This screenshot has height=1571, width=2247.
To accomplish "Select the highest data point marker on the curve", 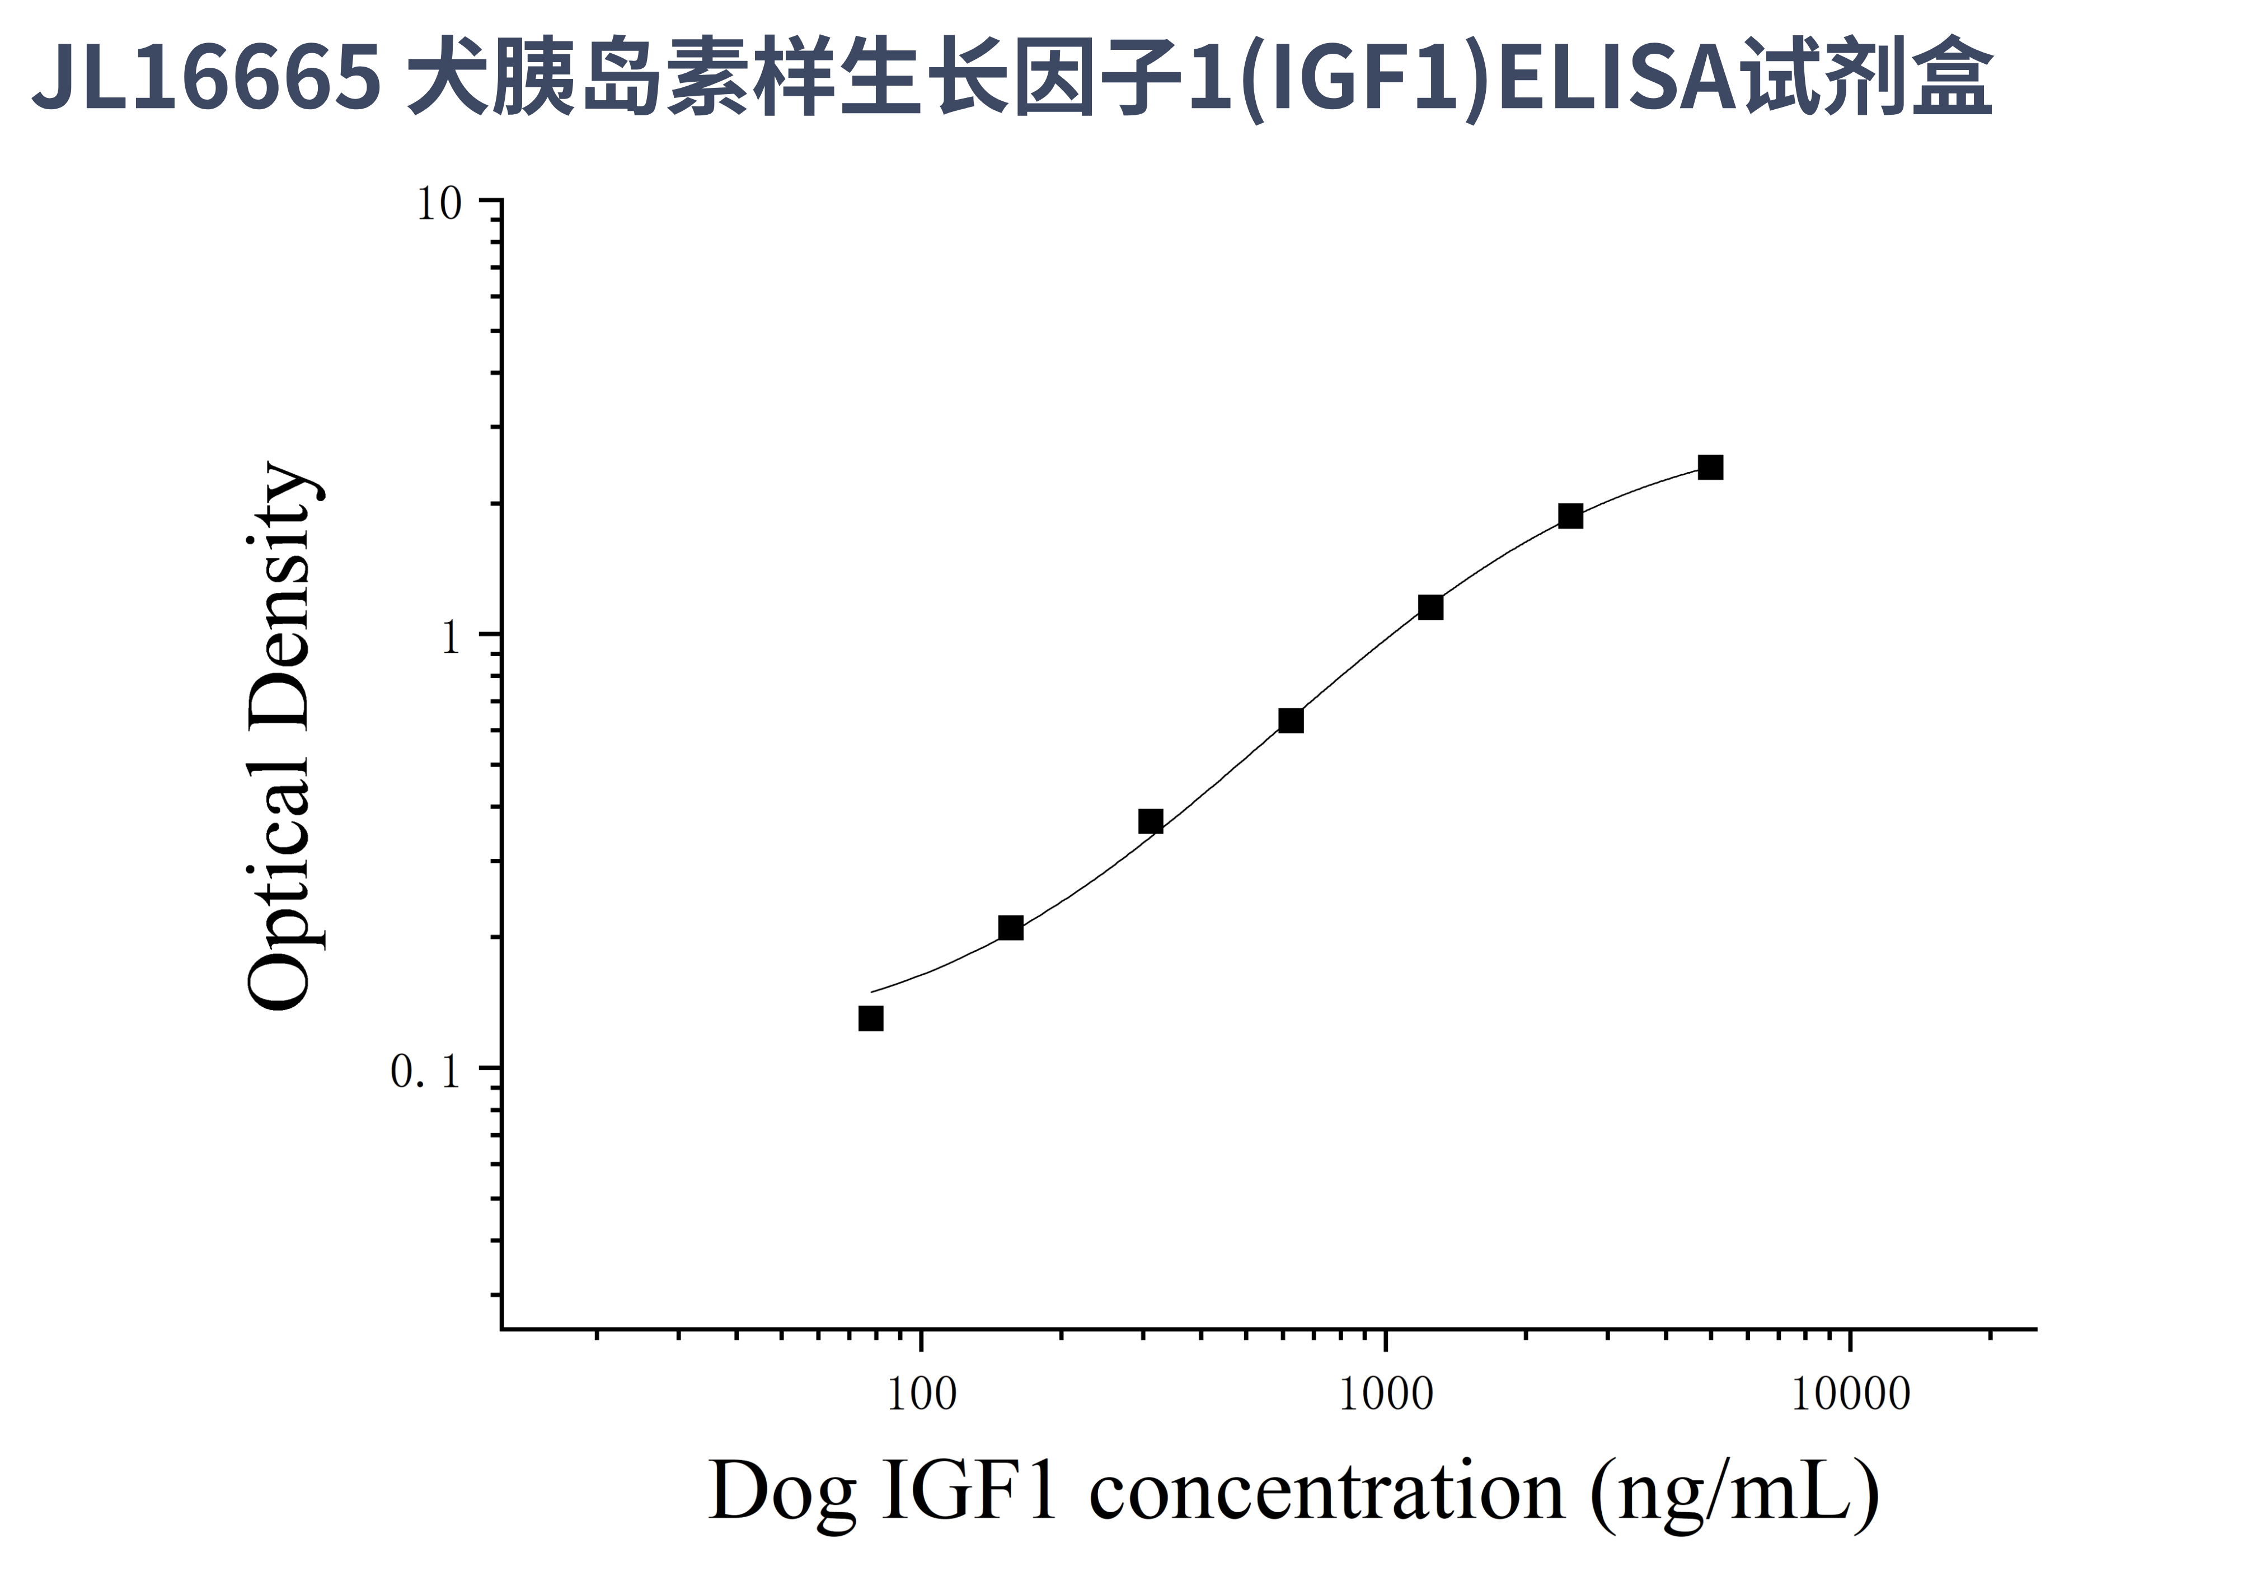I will [x=1710, y=467].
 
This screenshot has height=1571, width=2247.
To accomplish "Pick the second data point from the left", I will [x=1011, y=928].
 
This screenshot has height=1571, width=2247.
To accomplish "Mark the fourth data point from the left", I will [x=1291, y=721].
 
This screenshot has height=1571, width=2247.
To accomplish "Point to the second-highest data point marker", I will [x=1570, y=516].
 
